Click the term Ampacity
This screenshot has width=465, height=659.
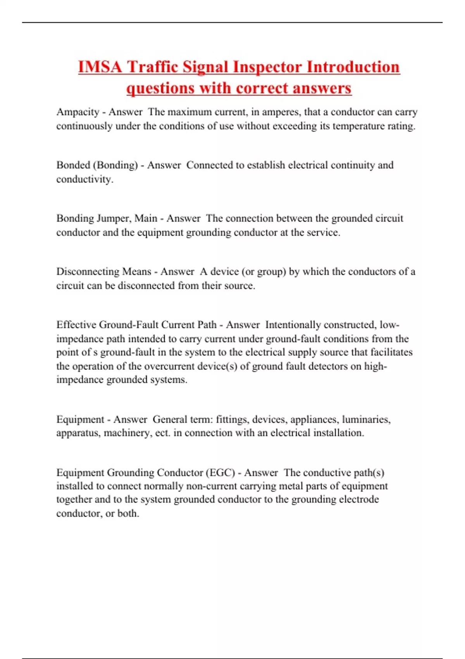point(78,112)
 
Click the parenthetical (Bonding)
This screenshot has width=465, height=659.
point(115,165)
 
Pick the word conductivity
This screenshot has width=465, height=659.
point(84,179)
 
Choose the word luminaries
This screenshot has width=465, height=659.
point(366,419)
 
